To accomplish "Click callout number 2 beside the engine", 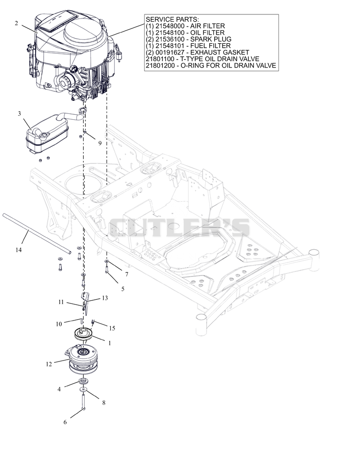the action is coord(16,23).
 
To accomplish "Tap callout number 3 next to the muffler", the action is coord(19,113).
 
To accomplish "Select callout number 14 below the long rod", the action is coord(18,250).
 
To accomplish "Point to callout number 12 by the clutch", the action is coord(49,364).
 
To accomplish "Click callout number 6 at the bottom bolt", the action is coord(65,422).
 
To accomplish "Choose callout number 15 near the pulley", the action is coord(112,328).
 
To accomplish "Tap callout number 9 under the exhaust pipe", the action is coord(100,143).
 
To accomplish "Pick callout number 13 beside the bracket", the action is coord(105,298).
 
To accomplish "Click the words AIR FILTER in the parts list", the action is coord(207,26).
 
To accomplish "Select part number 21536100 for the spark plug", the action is coord(170,39).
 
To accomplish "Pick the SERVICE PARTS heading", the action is coord(172,19).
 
